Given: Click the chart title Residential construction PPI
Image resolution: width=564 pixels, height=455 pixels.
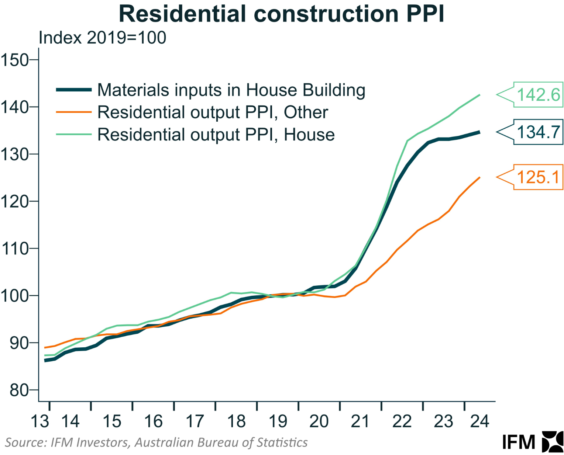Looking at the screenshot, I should click(x=282, y=14).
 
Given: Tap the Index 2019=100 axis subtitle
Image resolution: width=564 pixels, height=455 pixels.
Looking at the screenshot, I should click(x=102, y=38).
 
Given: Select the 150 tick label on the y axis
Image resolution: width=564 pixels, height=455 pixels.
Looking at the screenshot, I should click(x=14, y=60).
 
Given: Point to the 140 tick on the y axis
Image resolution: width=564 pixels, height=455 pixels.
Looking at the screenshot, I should click(x=14, y=107).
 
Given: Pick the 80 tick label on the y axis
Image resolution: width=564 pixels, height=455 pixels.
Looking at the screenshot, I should click(x=19, y=390).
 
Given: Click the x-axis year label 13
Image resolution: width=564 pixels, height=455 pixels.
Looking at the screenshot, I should click(x=40, y=421).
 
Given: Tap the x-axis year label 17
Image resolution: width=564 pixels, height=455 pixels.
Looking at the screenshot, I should click(x=195, y=421).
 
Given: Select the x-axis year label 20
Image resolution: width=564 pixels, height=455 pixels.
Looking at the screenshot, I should click(x=319, y=421).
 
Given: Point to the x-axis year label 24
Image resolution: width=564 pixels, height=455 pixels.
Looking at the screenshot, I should click(x=479, y=421).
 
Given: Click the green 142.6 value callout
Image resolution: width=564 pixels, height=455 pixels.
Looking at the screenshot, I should click(x=538, y=95).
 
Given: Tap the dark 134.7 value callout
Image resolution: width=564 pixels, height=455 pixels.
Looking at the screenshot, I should click(x=538, y=132).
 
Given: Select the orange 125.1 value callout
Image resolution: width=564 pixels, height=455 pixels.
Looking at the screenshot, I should click(x=538, y=177).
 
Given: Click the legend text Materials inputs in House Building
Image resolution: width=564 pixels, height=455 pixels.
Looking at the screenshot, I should click(x=231, y=90).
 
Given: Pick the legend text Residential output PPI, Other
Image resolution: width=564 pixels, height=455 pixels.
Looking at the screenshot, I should click(x=213, y=112).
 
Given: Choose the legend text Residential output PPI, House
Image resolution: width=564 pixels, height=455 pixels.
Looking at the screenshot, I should click(x=216, y=135).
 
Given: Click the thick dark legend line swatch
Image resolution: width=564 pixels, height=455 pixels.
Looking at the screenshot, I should click(x=74, y=90).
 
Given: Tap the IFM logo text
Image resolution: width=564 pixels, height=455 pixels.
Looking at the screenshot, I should click(x=519, y=442).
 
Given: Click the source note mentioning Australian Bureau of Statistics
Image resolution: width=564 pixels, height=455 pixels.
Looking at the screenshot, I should click(x=156, y=442).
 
